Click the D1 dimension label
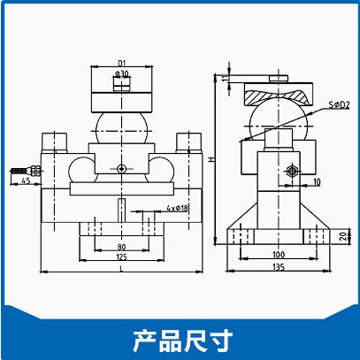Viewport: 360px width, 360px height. pyautogui.click(x=122, y=63)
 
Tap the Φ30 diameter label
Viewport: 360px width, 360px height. pyautogui.click(x=122, y=73)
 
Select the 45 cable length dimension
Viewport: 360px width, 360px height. pyautogui.click(x=26, y=180)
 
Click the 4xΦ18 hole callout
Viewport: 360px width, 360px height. pyautogui.click(x=177, y=208)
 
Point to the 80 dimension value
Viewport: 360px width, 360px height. pyautogui.click(x=121, y=247)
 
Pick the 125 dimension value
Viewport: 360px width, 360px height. pyautogui.click(x=121, y=257)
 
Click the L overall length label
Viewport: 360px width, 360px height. pyautogui.click(x=121, y=269)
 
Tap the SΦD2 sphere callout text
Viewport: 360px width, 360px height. pyautogui.click(x=339, y=104)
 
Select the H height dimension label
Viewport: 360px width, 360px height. pyautogui.click(x=211, y=159)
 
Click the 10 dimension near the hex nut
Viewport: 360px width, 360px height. pyautogui.click(x=317, y=182)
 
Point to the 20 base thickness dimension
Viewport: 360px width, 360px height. pyautogui.click(x=343, y=236)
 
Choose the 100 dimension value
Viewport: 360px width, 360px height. pyautogui.click(x=279, y=254)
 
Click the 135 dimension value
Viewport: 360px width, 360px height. pyautogui.click(x=279, y=267)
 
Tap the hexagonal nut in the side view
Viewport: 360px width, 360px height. pyautogui.click(x=292, y=171)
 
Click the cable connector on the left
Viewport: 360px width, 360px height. pyautogui.click(x=26, y=171)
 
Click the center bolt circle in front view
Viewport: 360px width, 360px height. pyautogui.click(x=121, y=169)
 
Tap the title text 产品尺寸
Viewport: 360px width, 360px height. pyautogui.click(x=182, y=341)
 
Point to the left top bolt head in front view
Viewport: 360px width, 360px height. pyautogui.click(x=55, y=142)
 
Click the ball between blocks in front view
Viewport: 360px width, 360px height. pyautogui.click(x=121, y=128)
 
